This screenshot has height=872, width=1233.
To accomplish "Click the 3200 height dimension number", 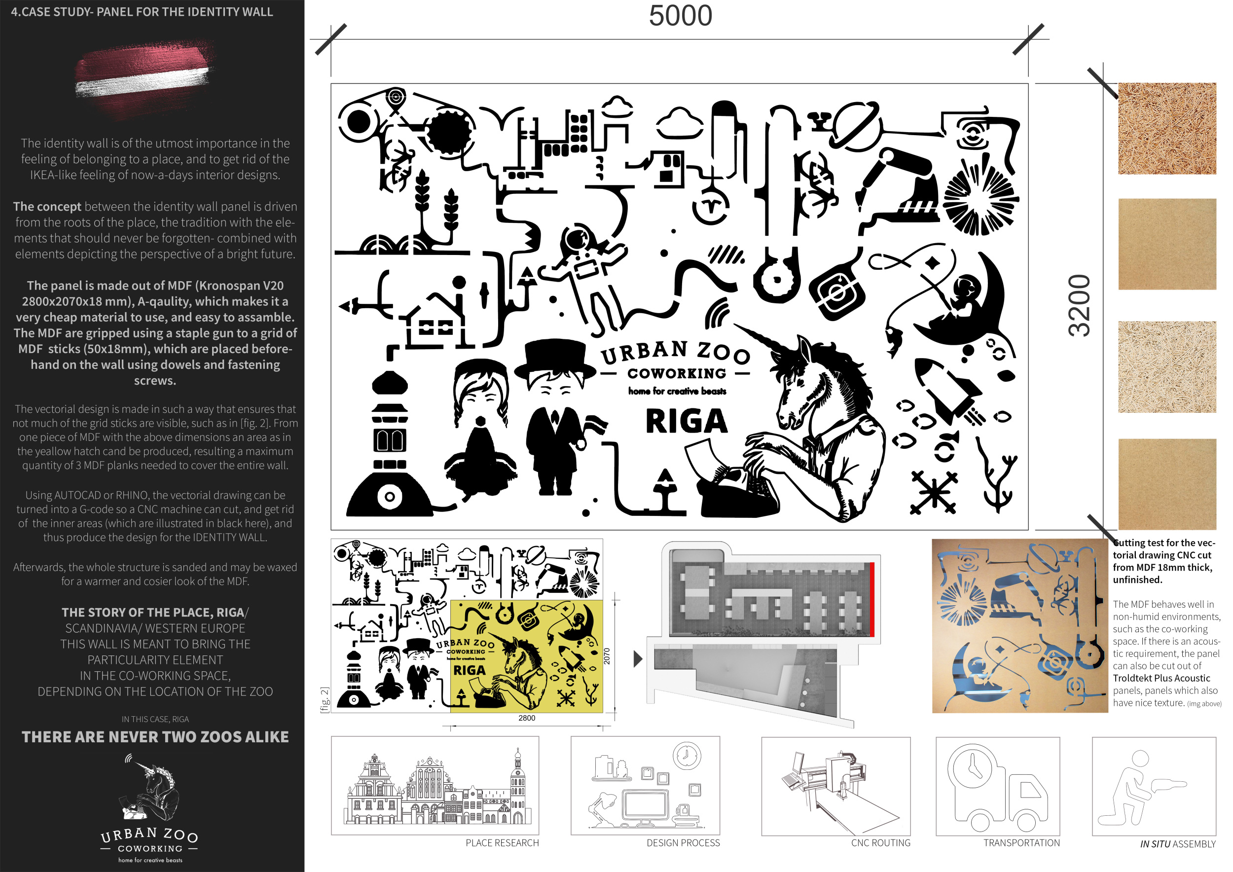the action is pyautogui.click(x=1080, y=305).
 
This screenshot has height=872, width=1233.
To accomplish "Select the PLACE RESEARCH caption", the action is pyautogui.click(x=502, y=843).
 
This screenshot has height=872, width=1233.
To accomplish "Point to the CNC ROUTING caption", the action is pyautogui.click(x=881, y=843).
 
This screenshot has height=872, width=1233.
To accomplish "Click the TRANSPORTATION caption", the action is pyautogui.click(x=1021, y=843).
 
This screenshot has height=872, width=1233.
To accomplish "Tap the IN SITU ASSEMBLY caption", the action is pyautogui.click(x=1178, y=844).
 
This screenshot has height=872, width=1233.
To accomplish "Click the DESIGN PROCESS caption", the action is pyautogui.click(x=683, y=843).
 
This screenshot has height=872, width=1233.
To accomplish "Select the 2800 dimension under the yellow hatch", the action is pyautogui.click(x=527, y=718).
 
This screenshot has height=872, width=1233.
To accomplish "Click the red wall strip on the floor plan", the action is pyautogui.click(x=872, y=599).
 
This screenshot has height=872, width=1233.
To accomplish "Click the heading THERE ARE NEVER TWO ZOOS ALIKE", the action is pyautogui.click(x=155, y=737).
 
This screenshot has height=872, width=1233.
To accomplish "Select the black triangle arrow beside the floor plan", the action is pyautogui.click(x=638, y=659).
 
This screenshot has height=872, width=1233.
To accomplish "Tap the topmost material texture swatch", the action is pyautogui.click(x=1167, y=128).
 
